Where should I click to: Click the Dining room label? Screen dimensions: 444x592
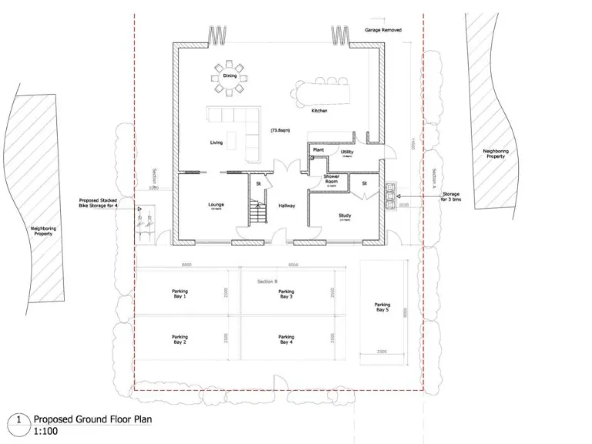point(230,76)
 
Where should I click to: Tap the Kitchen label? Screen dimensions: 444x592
point(319,111)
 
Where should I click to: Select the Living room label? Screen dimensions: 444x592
point(217,143)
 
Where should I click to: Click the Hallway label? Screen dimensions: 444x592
point(287,206)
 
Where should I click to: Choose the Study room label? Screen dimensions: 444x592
point(345,217)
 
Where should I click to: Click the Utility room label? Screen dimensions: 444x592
point(347,153)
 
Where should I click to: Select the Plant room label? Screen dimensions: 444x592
point(318,150)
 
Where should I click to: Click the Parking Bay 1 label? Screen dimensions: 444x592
point(180,294)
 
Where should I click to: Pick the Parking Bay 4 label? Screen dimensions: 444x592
point(286,339)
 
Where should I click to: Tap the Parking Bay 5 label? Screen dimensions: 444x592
point(382,307)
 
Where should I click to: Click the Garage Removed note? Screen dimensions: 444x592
point(383,30)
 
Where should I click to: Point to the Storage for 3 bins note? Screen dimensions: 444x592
point(451,197)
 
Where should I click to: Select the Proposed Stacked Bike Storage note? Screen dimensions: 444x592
point(98,203)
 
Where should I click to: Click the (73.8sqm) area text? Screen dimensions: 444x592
point(279,131)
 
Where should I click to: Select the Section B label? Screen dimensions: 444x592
point(267,281)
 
